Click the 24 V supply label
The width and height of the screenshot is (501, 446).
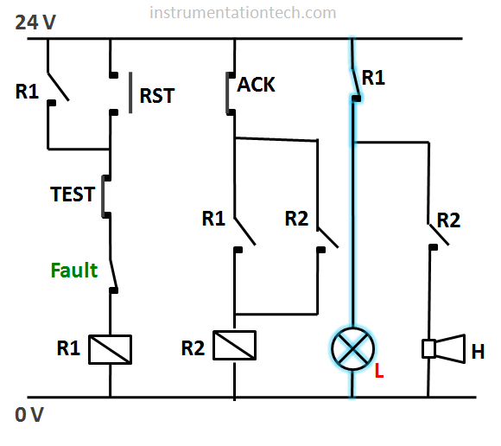tap(35, 22)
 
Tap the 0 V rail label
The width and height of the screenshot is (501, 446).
tap(29, 415)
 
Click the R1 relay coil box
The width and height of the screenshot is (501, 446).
tap(111, 349)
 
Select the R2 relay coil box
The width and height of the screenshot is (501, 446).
tap(235, 345)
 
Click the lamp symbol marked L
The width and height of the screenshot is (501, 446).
tap(352, 349)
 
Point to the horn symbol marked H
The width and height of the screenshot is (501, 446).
tap(443, 349)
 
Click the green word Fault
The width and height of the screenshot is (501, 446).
tap(74, 271)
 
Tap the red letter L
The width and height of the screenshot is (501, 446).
tap(379, 371)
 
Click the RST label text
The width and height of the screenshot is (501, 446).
tap(157, 95)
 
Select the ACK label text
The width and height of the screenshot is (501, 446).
tap(256, 85)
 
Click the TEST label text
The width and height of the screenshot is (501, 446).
tap(73, 194)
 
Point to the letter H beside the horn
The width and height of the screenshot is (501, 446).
tap(478, 352)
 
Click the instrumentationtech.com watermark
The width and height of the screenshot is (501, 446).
tap(243, 13)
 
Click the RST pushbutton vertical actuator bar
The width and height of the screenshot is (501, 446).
tap(130, 92)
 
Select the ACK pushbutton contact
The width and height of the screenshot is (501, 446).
tap(230, 93)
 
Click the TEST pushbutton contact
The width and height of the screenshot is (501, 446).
tap(105, 196)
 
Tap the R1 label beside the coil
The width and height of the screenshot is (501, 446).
tap(68, 347)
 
